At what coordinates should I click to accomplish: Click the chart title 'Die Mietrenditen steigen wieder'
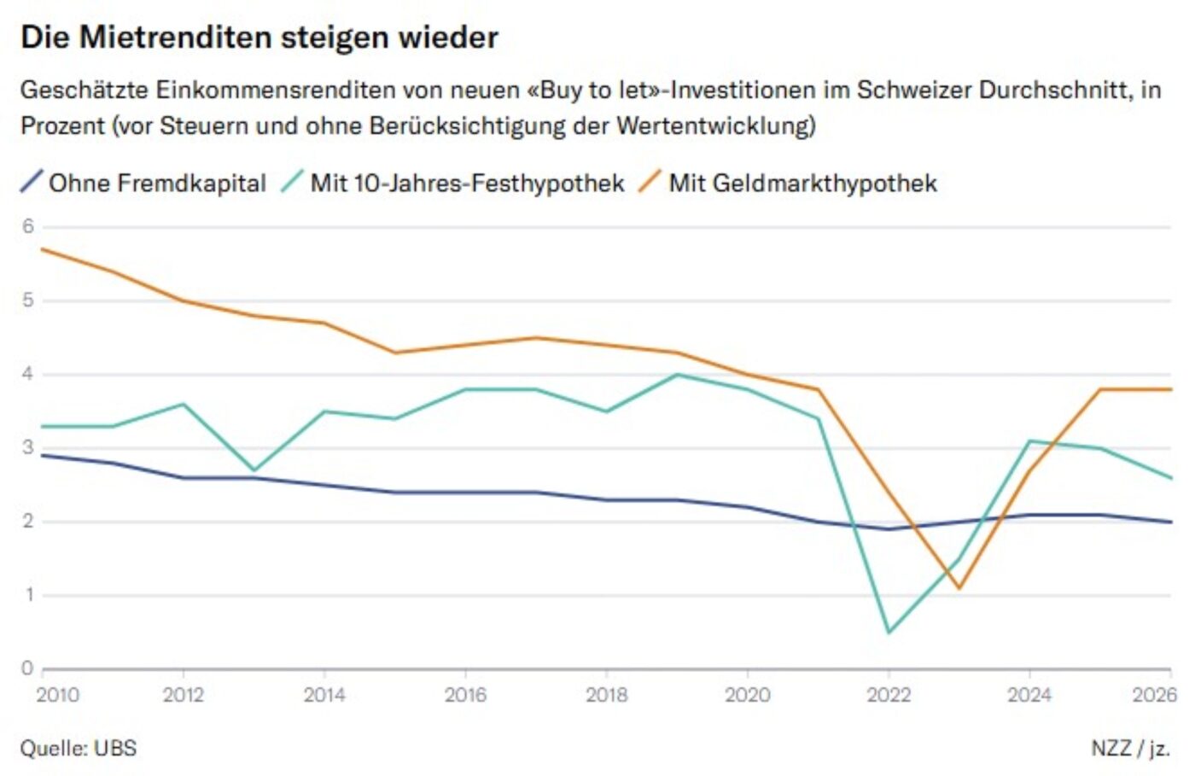pyautogui.click(x=259, y=38)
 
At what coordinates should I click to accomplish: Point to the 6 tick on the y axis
pyautogui.click(x=28, y=226)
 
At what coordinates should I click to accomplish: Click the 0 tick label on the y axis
pyautogui.click(x=28, y=668)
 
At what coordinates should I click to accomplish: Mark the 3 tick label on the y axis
pyautogui.click(x=28, y=447)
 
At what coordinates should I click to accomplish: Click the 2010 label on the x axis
pyautogui.click(x=57, y=695)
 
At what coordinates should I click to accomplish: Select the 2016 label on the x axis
pyautogui.click(x=465, y=695)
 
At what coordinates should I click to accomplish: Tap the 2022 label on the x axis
pyautogui.click(x=889, y=695)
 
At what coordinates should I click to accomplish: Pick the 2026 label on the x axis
pyautogui.click(x=1154, y=695)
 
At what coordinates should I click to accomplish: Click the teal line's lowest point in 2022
pyautogui.click(x=889, y=632)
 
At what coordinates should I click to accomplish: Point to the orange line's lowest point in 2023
pyautogui.click(x=959, y=587)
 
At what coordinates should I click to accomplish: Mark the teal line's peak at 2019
pyautogui.click(x=677, y=374)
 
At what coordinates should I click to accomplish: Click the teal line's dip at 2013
pyautogui.click(x=254, y=470)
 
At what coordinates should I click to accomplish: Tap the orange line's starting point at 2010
pyautogui.click(x=43, y=248)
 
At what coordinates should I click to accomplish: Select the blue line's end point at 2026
pyautogui.click(x=1170, y=522)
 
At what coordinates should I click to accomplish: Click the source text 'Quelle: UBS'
pyautogui.click(x=79, y=749)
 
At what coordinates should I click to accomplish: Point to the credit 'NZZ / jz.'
pyautogui.click(x=1130, y=749)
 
